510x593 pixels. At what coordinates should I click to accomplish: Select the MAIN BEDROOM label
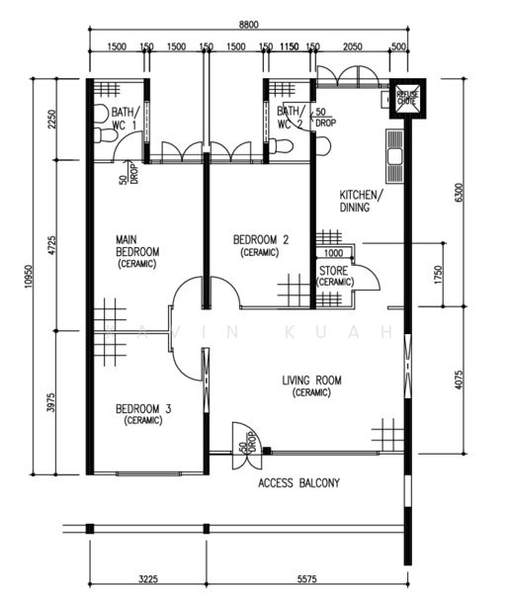(x=138, y=251)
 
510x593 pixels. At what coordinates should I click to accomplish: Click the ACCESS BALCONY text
(x=298, y=483)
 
